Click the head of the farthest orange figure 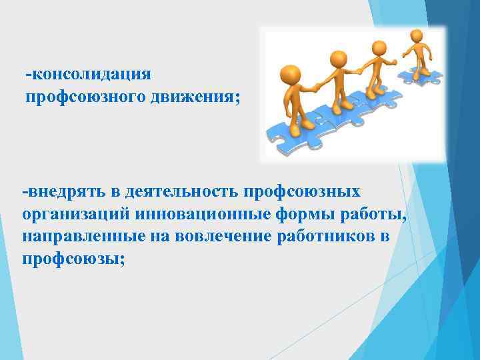coord(416,35)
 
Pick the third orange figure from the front coord(379,67)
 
